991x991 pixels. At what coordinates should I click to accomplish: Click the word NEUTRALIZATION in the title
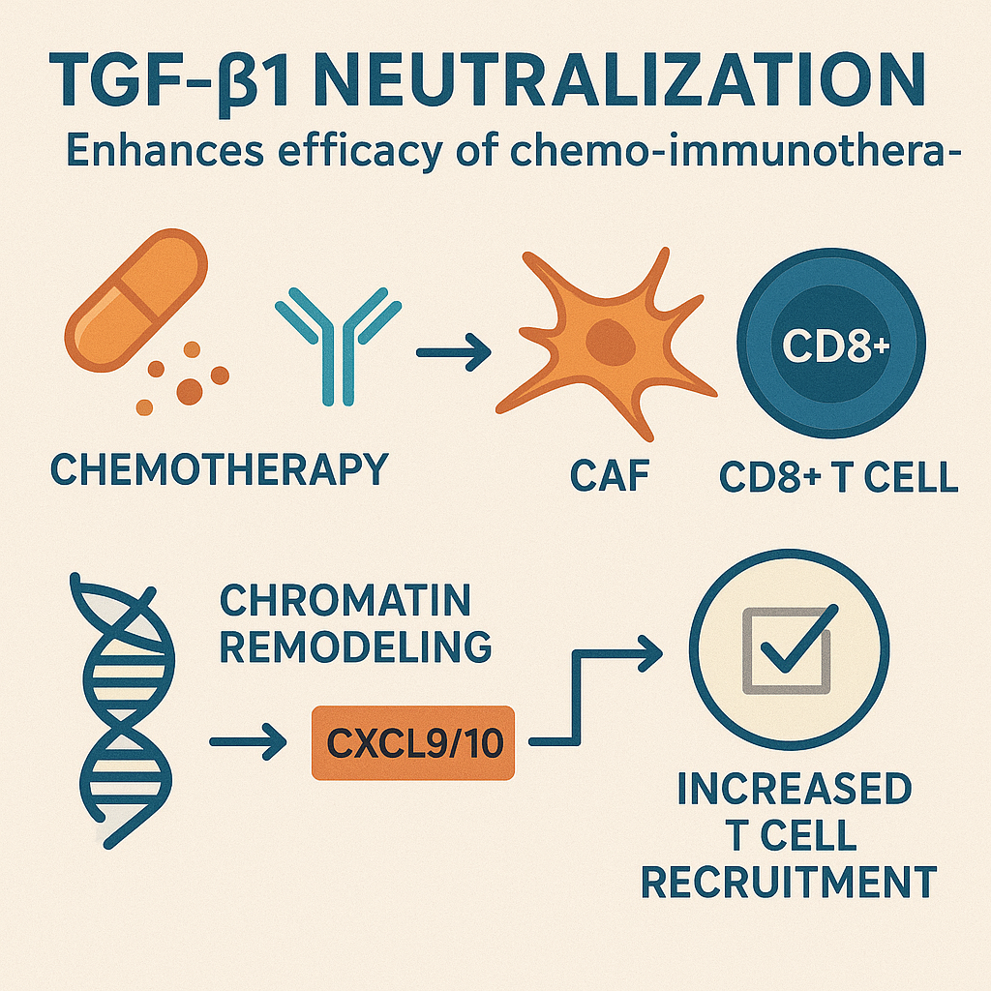[x=618, y=81]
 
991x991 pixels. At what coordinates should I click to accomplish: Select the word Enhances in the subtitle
[x=165, y=151]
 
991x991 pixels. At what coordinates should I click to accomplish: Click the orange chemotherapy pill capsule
[x=135, y=300]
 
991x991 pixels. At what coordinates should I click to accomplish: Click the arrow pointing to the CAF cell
[x=454, y=352]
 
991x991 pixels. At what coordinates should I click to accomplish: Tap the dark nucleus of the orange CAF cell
[x=610, y=342]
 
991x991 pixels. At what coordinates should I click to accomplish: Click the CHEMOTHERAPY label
[x=220, y=469]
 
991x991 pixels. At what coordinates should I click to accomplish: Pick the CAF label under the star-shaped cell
[x=610, y=475]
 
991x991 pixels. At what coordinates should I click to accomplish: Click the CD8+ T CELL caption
[x=839, y=476]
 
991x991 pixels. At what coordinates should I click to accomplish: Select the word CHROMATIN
[x=345, y=600]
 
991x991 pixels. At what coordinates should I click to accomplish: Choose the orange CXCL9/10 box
[x=413, y=742]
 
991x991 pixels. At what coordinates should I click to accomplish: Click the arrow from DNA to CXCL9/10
[x=248, y=741]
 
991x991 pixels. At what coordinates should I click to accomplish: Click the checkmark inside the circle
[x=799, y=639]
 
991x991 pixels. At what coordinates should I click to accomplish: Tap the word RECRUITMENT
[x=789, y=882]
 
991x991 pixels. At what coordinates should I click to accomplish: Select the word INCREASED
[x=795, y=788]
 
